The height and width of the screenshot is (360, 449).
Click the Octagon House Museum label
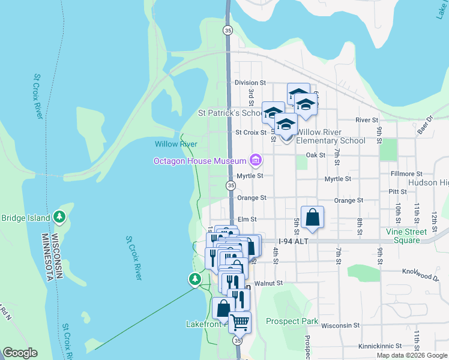coord(200,161)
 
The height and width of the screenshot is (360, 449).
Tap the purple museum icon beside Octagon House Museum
coord(256,160)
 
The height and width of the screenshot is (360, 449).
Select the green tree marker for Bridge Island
coord(59,217)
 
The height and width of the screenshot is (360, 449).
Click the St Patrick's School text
coord(230,113)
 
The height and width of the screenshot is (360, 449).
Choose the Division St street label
coord(250,82)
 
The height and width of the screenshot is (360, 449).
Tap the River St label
coord(366,120)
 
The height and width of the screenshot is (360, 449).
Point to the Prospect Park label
coord(292,321)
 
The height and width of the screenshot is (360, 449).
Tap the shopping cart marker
coord(240,322)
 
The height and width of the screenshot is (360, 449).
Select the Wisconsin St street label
coord(340,325)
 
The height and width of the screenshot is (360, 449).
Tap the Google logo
coord(20,353)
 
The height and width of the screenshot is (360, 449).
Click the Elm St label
coord(247,220)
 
